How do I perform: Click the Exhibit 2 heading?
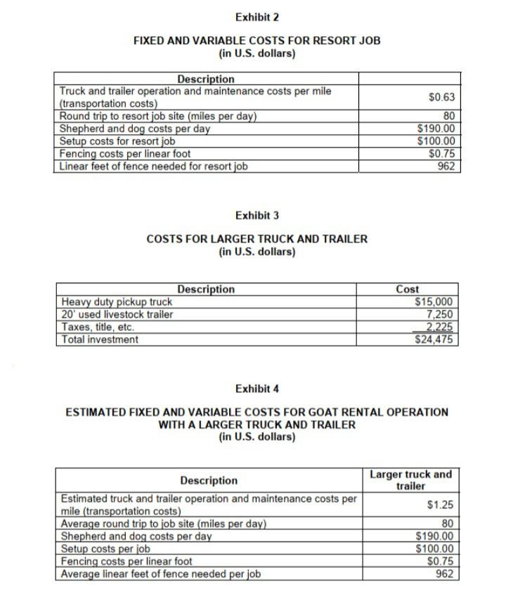[x=257, y=17]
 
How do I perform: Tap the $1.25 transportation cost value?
[x=441, y=505]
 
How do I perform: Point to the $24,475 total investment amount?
[x=436, y=340]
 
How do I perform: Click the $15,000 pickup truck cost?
[x=436, y=302]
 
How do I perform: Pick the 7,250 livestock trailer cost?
[x=440, y=315]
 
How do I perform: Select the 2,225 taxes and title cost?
[x=440, y=327]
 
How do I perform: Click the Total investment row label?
[x=99, y=340]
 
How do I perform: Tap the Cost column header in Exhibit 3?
[x=408, y=289]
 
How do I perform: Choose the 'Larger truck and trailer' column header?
[x=410, y=480]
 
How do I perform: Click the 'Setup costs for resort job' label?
[x=117, y=141]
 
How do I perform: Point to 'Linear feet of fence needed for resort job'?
[x=153, y=167]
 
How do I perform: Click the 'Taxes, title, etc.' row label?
[x=98, y=327]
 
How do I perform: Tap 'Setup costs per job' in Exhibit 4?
[x=106, y=549]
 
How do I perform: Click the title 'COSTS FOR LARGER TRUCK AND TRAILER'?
[x=257, y=239]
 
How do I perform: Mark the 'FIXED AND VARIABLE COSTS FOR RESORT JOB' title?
[x=257, y=41]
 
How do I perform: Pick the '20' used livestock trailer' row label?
[x=117, y=315]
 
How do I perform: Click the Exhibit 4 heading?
[x=257, y=389]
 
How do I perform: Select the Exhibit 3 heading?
[x=257, y=215]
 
